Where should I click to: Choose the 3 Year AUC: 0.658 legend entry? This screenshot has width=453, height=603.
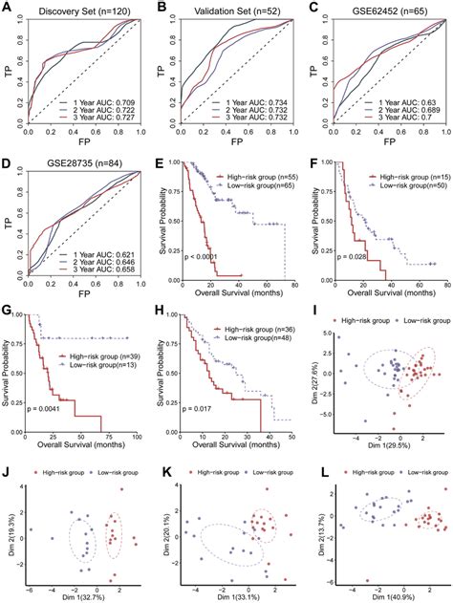point(98,269)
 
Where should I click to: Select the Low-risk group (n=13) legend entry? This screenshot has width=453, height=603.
point(96,365)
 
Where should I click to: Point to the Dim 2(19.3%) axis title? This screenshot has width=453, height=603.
point(9,530)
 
